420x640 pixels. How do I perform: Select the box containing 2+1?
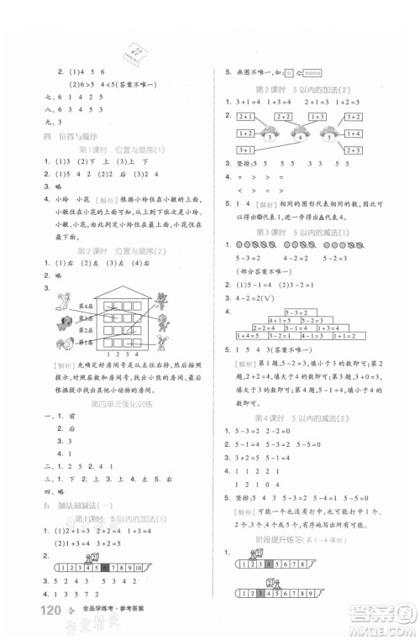pyautogui.click(x=247, y=117)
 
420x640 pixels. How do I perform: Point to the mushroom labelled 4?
pyautogui.click(x=323, y=134)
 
